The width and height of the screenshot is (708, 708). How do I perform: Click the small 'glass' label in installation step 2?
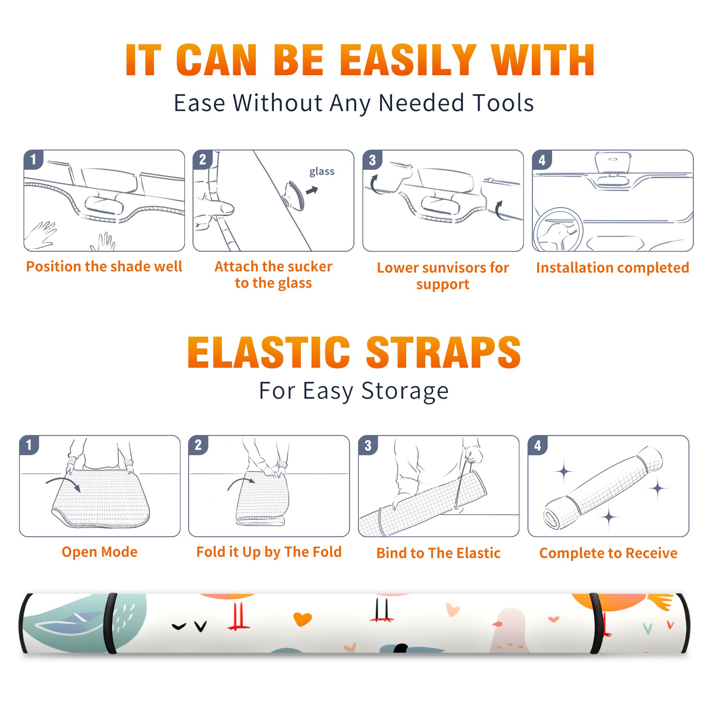coord(322,172)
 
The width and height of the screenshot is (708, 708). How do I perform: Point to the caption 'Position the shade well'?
coord(104,266)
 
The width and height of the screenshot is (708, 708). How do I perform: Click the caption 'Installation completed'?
coord(612,268)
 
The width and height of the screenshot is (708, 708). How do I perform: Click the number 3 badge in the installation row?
coord(372,160)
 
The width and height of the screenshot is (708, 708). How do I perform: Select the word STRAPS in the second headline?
coord(443,352)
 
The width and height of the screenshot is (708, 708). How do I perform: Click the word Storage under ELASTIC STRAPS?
coord(405,391)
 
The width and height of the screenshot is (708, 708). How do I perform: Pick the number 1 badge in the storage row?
coord(29,445)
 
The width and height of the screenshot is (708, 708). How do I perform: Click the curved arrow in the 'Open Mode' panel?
coord(63,483)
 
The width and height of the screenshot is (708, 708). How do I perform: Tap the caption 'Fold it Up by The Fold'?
coord(269,552)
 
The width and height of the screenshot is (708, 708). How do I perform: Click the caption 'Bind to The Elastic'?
coord(439,553)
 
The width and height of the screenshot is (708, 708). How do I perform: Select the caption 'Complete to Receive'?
coord(608,553)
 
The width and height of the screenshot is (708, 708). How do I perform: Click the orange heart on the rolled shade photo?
coord(303,619)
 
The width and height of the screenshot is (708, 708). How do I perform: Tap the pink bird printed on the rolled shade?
coord(508,630)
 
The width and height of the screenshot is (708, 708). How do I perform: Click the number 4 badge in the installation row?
coord(542,160)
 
